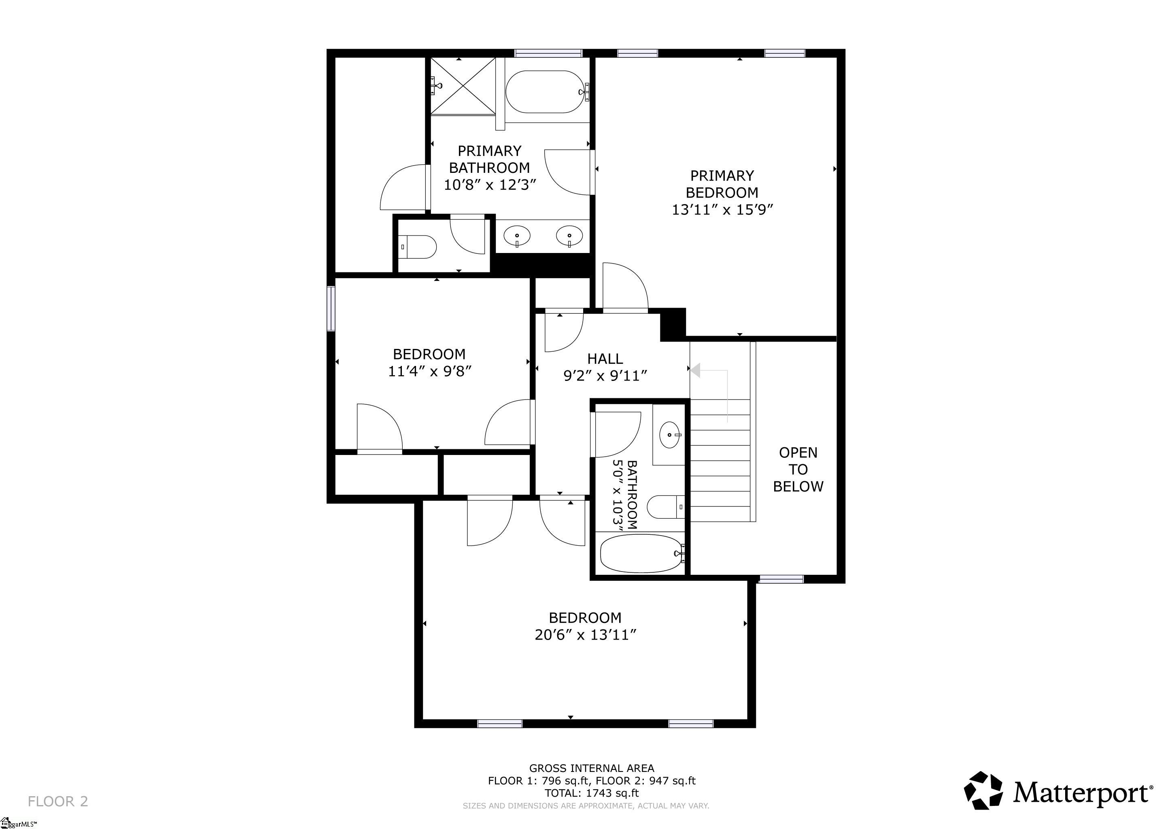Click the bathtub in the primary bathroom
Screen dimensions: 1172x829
[x=543, y=92]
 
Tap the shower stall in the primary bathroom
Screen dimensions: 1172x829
[x=463, y=86]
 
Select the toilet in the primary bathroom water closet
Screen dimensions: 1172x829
[x=418, y=247]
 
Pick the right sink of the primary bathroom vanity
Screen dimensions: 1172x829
[x=570, y=236]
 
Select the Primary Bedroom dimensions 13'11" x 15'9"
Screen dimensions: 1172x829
[x=722, y=210]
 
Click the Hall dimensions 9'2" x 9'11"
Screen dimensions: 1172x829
[x=605, y=376]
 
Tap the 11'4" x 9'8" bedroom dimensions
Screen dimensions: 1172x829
[x=429, y=372]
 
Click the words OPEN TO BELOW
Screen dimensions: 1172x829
[x=798, y=470]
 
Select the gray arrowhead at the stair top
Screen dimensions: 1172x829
[x=696, y=370]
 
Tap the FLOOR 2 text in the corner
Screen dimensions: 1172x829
[x=58, y=801]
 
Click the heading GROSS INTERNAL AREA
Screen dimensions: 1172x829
[x=592, y=768]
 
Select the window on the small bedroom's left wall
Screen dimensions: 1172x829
[x=331, y=309]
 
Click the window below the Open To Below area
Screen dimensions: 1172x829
[x=781, y=579]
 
